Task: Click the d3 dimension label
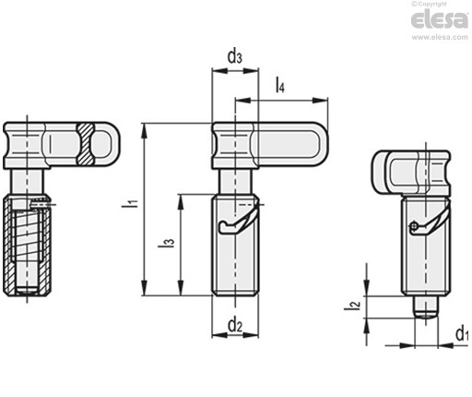(234, 57)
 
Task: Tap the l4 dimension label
(280, 85)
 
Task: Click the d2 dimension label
(235, 325)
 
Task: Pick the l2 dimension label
(352, 305)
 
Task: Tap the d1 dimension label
(462, 334)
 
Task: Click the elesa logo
(439, 20)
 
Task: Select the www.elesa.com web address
(440, 37)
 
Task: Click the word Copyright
(432, 4)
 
